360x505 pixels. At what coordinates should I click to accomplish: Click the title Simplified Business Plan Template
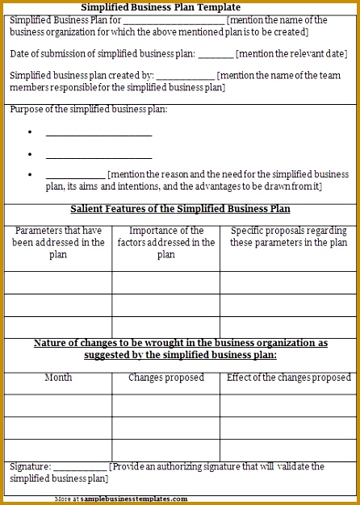[161, 6]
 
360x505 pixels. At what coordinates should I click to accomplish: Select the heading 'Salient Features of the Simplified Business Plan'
[180, 209]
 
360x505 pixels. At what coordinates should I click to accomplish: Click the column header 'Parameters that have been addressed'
[58, 242]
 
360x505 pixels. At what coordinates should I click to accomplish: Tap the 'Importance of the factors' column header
[166, 242]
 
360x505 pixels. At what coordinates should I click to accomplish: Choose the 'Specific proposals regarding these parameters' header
[289, 236]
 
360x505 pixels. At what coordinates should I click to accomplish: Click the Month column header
[58, 378]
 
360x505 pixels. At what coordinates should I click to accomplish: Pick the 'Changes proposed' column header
[166, 378]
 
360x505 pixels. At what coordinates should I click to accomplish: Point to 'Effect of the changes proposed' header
[289, 378]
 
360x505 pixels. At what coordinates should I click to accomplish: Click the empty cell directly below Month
[58, 405]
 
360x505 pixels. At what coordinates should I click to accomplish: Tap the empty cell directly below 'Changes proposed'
[166, 405]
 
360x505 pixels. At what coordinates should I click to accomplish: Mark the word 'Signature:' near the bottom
[30, 467]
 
